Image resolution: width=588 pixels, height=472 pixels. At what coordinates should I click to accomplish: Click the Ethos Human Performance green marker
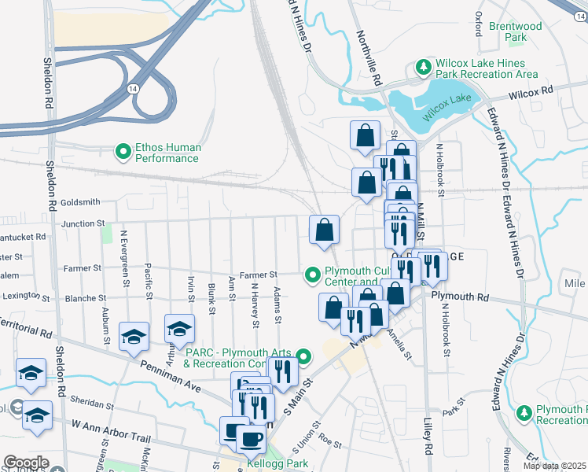[x=123, y=151]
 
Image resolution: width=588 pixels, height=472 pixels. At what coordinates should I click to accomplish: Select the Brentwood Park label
[x=516, y=31]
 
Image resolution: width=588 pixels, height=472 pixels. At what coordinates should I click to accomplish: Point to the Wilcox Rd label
[x=531, y=91]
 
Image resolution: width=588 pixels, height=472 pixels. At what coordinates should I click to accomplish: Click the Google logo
[x=26, y=463]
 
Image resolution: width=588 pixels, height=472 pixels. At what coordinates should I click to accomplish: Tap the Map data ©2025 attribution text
[x=554, y=466]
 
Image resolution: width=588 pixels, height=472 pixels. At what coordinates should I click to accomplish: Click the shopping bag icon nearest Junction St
[x=324, y=230]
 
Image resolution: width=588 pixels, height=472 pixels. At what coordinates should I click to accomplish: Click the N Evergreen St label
[x=123, y=253]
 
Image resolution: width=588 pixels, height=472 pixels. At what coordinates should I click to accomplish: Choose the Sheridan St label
[x=92, y=404]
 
